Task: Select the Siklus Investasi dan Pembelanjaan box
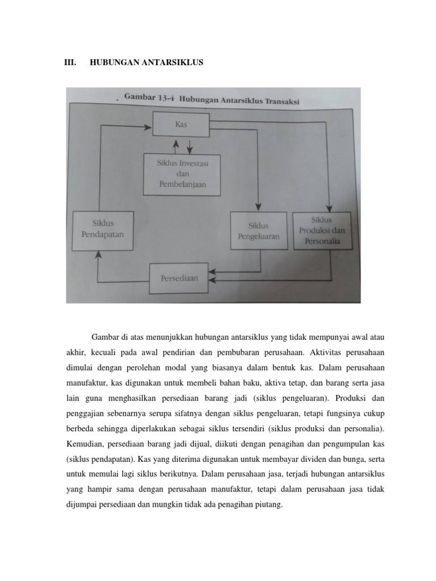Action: [x=182, y=173]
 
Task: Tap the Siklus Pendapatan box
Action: [x=103, y=229]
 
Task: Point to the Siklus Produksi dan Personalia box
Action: [x=322, y=231]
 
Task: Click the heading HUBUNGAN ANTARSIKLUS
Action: [x=146, y=62]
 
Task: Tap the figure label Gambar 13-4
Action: [x=149, y=98]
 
